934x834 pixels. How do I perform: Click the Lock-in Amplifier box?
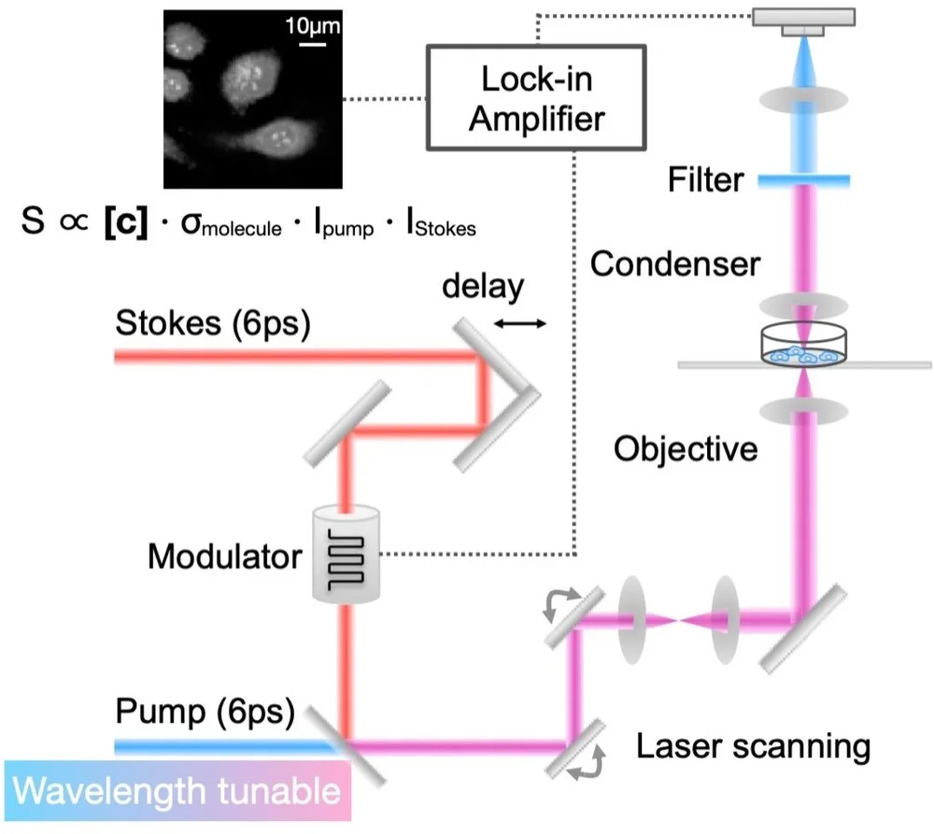[536, 98]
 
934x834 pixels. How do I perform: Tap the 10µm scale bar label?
[313, 25]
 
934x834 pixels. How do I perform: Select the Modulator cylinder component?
[346, 554]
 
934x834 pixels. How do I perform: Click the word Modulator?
[224, 557]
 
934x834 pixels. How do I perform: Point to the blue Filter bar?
[803, 180]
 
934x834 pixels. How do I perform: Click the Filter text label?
[706, 179]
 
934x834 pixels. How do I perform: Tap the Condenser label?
[675, 264]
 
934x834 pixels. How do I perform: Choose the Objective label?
[686, 448]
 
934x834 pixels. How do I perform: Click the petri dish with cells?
[803, 345]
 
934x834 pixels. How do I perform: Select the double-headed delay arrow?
[520, 323]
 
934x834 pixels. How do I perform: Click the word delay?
[483, 287]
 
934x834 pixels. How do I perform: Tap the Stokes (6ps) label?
[213, 323]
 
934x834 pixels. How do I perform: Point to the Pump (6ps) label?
[205, 711]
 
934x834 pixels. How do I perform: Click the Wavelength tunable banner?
[177, 791]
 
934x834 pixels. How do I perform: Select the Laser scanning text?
[753, 746]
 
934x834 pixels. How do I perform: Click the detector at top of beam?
[803, 21]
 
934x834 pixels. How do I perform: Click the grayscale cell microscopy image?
[252, 99]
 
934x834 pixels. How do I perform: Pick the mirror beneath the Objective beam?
[803, 629]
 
